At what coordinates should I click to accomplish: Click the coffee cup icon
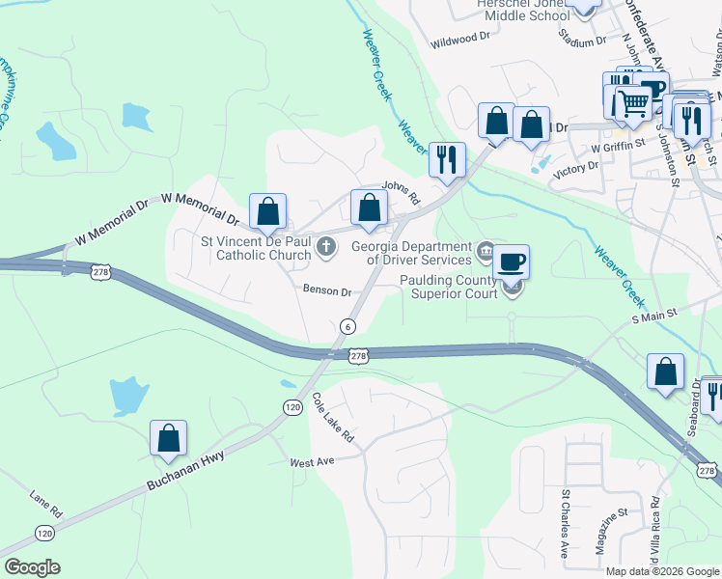pos(512,261)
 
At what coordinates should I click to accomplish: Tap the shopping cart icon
pos(633,101)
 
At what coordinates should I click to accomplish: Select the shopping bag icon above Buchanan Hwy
pos(169,437)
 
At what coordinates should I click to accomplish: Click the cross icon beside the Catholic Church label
pos(326,250)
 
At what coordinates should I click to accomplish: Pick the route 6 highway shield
pos(345,327)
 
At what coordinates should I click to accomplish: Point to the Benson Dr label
pos(325,290)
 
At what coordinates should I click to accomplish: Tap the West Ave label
pos(311,462)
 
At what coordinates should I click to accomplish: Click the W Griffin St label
pos(617,148)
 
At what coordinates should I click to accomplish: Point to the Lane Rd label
pos(45,498)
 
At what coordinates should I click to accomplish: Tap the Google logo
pos(32,567)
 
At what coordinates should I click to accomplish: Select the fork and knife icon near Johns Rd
pos(446,159)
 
